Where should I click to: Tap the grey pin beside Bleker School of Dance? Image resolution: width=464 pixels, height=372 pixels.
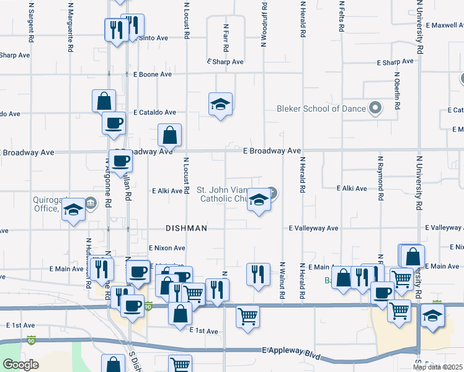[375, 108]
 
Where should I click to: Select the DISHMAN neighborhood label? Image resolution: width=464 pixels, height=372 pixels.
[186, 228]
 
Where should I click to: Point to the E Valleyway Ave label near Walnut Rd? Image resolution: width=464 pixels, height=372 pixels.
[314, 228]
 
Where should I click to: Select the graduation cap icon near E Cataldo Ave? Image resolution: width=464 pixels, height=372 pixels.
[220, 105]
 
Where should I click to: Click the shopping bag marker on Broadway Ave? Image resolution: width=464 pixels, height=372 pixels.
[169, 135]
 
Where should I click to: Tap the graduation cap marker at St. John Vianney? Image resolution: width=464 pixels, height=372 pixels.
[259, 201]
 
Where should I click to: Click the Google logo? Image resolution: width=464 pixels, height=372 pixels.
[20, 365]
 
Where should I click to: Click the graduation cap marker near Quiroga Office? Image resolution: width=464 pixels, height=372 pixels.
[73, 210]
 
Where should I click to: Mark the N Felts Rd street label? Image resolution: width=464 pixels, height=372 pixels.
[342, 19]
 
